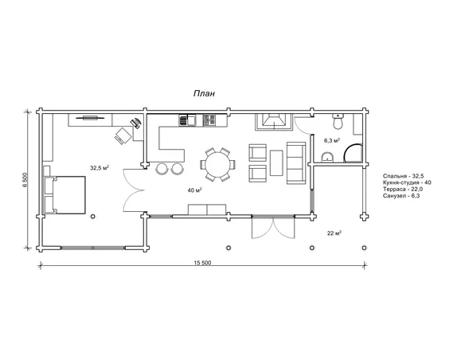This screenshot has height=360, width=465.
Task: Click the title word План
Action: pyautogui.click(x=204, y=93)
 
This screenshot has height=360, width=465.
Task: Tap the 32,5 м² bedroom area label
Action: pyautogui.click(x=100, y=168)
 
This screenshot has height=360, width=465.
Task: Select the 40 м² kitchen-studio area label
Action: pyautogui.click(x=195, y=190)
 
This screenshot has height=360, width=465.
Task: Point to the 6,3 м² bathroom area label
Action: pyautogui.click(x=332, y=140)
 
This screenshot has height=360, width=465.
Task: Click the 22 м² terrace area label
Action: pyautogui.click(x=334, y=233)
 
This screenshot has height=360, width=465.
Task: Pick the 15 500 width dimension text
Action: pyautogui.click(x=202, y=263)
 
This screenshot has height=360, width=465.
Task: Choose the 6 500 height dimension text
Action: pyautogui.click(x=25, y=180)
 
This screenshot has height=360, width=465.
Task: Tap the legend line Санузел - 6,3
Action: pyautogui.click(x=401, y=196)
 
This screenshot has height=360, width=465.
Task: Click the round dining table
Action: pyautogui.click(x=218, y=164)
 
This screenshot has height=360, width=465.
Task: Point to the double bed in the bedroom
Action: pyautogui.click(x=65, y=195)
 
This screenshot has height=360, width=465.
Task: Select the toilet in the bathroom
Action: pyautogui.click(x=338, y=122)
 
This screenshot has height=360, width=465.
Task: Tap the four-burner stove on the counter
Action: pyautogui.click(x=209, y=121)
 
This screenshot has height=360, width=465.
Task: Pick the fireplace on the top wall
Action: pyautogui.click(x=274, y=122)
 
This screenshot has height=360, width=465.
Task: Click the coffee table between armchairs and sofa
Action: pyautogui.click(x=276, y=162)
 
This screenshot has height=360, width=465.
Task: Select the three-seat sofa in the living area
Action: pyautogui.click(x=296, y=162)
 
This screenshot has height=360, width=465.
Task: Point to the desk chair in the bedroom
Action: pyautogui.click(x=123, y=136)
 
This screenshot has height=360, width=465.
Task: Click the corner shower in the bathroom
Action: pyautogui.click(x=354, y=153)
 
